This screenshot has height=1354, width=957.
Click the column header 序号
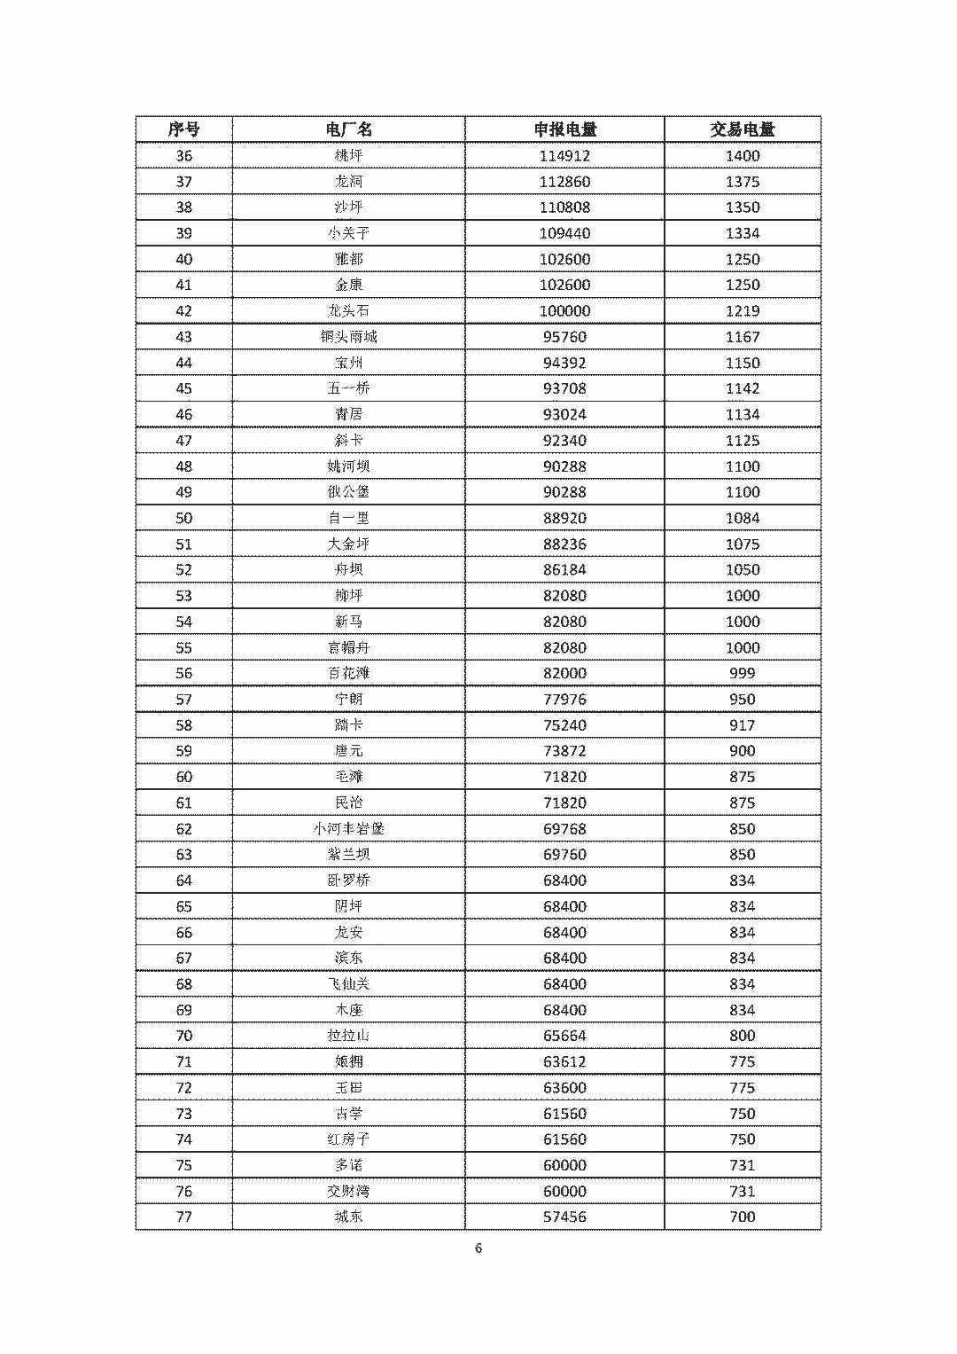point(183,129)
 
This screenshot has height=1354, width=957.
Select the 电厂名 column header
point(348,129)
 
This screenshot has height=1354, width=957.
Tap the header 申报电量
point(564,129)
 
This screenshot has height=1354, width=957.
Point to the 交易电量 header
point(742,129)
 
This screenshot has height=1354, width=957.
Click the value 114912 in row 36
point(564,156)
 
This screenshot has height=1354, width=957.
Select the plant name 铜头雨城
point(348,337)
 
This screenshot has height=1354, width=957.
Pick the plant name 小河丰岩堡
point(348,829)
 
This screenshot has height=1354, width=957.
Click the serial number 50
point(183,518)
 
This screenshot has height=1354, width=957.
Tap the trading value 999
point(742,673)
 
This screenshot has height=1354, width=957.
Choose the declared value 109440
point(564,233)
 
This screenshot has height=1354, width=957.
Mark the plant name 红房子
point(348,1139)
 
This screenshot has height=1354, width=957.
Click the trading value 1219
point(742,311)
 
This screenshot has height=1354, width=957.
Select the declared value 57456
point(564,1217)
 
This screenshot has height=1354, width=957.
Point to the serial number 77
point(183,1217)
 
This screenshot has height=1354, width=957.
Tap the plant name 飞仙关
point(348,984)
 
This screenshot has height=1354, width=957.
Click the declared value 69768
point(564,829)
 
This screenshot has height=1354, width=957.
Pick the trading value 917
point(742,725)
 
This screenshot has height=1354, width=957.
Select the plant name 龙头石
point(348,311)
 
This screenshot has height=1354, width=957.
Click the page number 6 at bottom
point(478,1248)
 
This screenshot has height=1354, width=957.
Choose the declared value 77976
point(564,700)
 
